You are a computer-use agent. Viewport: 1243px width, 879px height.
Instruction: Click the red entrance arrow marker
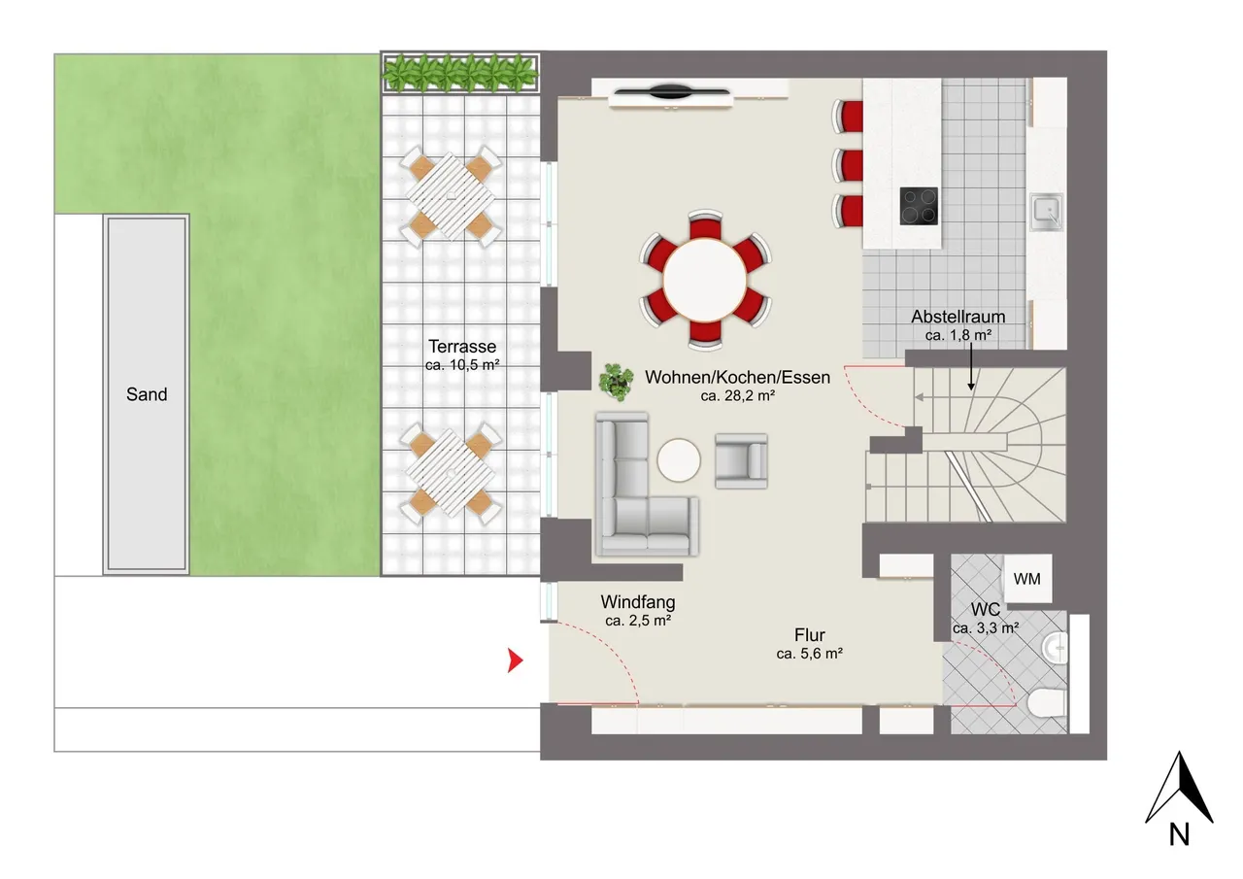coord(515,660)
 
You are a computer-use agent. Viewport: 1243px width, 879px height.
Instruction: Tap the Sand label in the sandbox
coord(147,394)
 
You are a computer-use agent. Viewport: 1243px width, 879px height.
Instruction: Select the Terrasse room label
coord(462,347)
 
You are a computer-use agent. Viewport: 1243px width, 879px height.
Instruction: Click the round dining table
coord(705,281)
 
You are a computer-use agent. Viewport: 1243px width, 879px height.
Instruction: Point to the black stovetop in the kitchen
coord(919,206)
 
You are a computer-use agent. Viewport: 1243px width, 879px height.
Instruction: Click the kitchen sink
coord(1047,212)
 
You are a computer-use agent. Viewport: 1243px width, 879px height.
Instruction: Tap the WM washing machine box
coord(1027,579)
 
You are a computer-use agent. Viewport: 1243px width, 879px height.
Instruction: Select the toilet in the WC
coord(1047,703)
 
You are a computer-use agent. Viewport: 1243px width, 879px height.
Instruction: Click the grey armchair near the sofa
coord(741,461)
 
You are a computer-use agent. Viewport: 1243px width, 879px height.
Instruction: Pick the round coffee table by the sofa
coord(679,460)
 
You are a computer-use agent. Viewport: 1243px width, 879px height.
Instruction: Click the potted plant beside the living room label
coord(616,382)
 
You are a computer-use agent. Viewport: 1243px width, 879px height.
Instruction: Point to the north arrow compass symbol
coord(1179,788)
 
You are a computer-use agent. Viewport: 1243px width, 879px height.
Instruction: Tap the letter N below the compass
coord(1179,834)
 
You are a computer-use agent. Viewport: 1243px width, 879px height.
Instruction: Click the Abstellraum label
coord(958,317)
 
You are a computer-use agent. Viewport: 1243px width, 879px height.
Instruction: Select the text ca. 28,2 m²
coord(737,395)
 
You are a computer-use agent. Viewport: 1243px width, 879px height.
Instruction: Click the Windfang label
coord(638,602)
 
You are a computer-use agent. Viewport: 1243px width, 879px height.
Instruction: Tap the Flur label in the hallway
coord(810,635)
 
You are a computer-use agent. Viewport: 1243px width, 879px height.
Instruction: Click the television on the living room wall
coord(671,92)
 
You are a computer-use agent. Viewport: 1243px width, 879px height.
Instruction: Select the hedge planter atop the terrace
coord(460,72)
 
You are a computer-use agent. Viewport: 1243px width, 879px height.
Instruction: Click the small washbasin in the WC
coord(1055,648)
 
